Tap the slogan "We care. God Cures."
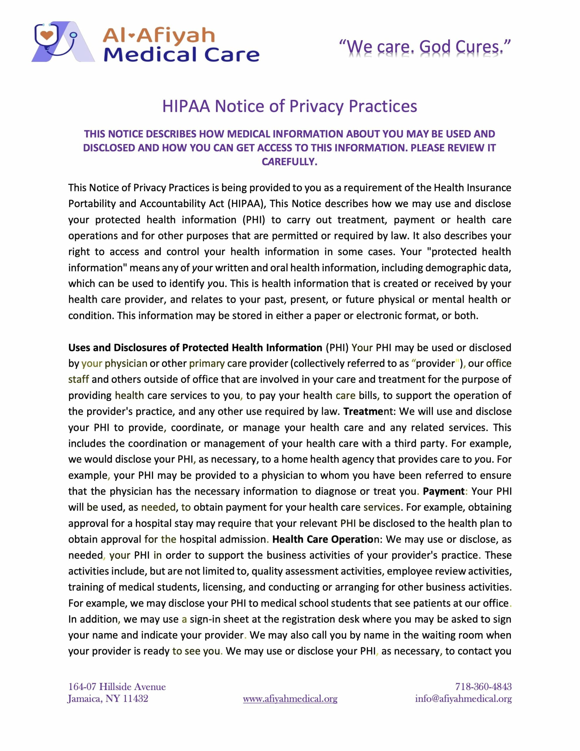click(425, 47)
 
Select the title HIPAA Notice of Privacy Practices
click(289, 106)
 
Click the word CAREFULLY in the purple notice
click(289, 162)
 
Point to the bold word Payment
click(444, 491)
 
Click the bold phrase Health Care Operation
click(325, 539)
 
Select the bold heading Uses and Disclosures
click(195, 348)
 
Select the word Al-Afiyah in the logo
click(159, 35)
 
